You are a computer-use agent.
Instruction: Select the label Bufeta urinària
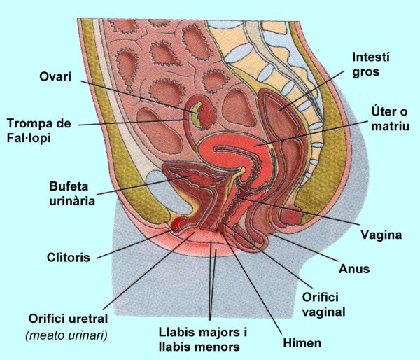click(x=71, y=194)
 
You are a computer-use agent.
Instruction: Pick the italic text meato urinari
click(x=66, y=335)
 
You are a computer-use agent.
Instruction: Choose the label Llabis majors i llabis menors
click(x=199, y=340)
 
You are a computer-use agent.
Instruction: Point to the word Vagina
click(x=380, y=234)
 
